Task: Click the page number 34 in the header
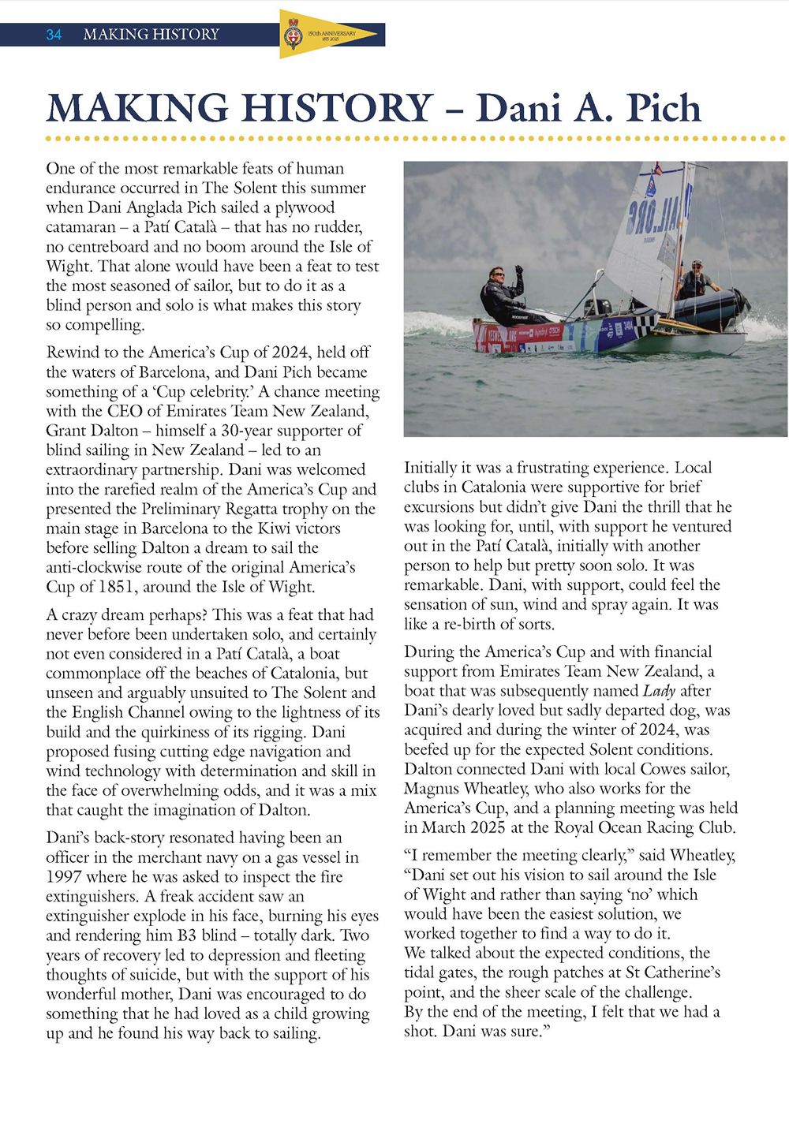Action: pos(54,35)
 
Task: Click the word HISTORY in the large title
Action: pos(325,109)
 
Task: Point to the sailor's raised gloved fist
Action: pos(518,270)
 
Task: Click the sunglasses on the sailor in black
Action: pos(497,276)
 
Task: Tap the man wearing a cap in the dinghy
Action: pos(695,278)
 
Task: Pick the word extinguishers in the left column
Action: pos(91,896)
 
